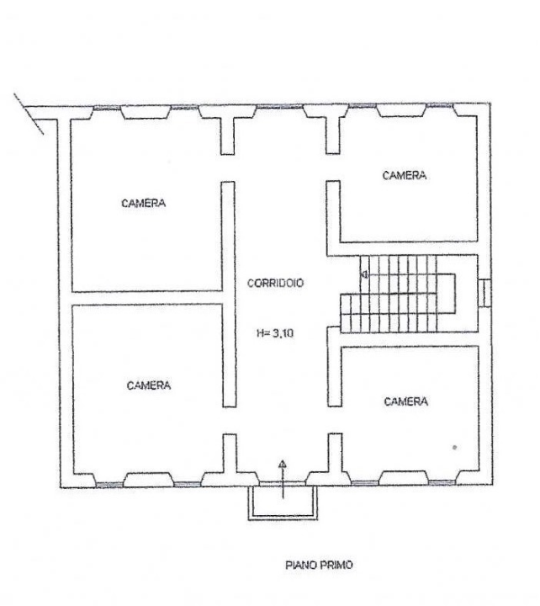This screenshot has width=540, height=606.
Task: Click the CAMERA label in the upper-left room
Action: click(x=144, y=203)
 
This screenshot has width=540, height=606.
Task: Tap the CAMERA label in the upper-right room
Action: click(x=405, y=176)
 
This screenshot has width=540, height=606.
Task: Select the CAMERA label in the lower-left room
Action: click(x=149, y=385)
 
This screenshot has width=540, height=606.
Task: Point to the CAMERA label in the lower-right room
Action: click(x=405, y=401)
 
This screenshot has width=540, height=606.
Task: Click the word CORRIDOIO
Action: click(x=275, y=284)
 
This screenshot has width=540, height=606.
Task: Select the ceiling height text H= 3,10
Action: click(x=275, y=332)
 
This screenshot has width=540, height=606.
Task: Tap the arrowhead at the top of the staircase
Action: click(x=364, y=274)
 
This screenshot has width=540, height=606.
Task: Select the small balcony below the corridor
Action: click(x=283, y=502)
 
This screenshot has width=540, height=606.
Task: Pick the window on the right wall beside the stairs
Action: click(x=485, y=291)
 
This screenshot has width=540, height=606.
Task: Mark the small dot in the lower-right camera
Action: click(x=454, y=447)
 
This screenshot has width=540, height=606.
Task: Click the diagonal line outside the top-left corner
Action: click(x=29, y=112)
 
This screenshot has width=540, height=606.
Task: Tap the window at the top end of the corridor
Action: click(x=283, y=110)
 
